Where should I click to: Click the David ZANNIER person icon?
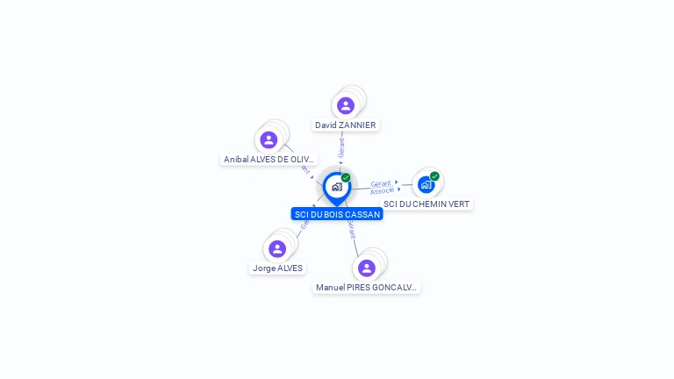(x=346, y=105)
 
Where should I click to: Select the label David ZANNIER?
(x=346, y=125)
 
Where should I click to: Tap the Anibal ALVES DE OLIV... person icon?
(x=269, y=139)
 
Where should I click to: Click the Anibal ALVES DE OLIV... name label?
(x=269, y=160)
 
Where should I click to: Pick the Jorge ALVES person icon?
(x=277, y=248)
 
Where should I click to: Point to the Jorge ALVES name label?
(x=277, y=268)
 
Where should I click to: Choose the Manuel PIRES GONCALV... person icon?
(x=367, y=268)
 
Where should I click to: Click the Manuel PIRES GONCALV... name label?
(x=366, y=288)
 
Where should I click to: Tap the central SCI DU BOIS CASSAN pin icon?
(x=336, y=187)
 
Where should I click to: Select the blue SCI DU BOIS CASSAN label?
(x=337, y=214)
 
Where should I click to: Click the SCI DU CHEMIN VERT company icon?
(x=427, y=184)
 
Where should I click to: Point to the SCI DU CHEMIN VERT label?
(x=427, y=204)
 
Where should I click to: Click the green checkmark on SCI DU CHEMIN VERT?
(x=434, y=176)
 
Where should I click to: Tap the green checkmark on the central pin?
(x=346, y=178)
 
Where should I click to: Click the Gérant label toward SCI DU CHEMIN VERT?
(x=381, y=183)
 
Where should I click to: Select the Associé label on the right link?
(x=382, y=190)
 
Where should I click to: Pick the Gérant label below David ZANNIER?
(x=341, y=147)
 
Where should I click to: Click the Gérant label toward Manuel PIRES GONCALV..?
(x=352, y=230)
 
